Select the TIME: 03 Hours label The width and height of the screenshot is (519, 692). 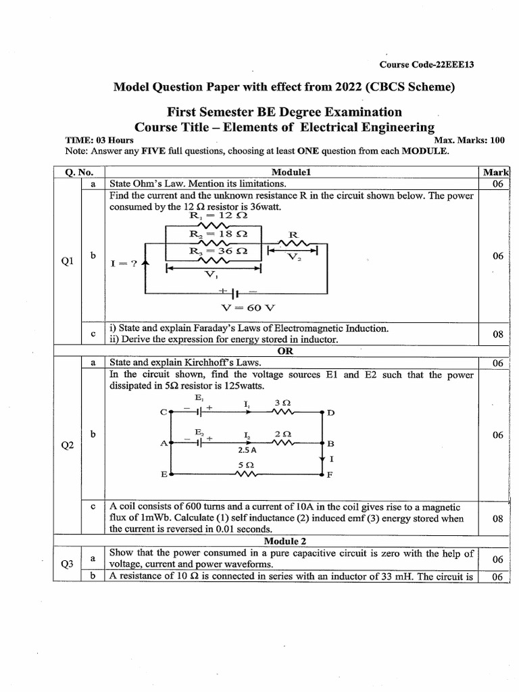[99, 141]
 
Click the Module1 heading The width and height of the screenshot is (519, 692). [290, 172]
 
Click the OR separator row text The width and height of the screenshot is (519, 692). [285, 351]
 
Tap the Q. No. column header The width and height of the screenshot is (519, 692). [78, 172]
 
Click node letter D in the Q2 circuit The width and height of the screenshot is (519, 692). [330, 412]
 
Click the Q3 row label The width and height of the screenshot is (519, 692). [67, 565]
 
